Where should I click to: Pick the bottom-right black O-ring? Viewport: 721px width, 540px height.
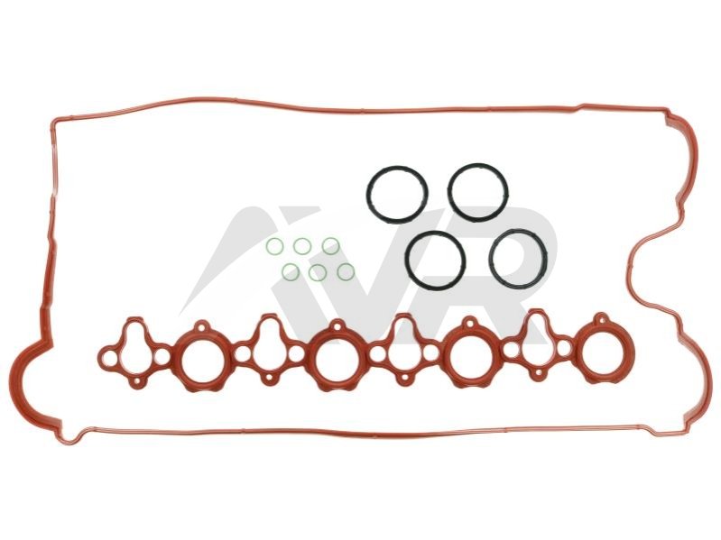[519, 259]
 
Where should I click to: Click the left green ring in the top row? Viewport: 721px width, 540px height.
[275, 246]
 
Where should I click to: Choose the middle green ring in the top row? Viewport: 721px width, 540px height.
[302, 247]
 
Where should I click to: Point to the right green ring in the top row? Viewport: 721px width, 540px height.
[330, 246]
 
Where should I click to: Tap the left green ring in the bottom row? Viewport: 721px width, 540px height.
[291, 271]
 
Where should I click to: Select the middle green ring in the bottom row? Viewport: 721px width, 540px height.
[318, 273]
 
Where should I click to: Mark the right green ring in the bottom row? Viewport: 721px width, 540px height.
[346, 272]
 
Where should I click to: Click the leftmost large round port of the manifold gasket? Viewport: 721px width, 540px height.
[202, 361]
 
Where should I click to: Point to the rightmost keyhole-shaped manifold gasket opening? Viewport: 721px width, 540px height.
[537, 342]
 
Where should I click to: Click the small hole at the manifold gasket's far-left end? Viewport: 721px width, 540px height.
[109, 358]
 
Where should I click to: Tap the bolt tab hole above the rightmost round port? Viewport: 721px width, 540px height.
[602, 318]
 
